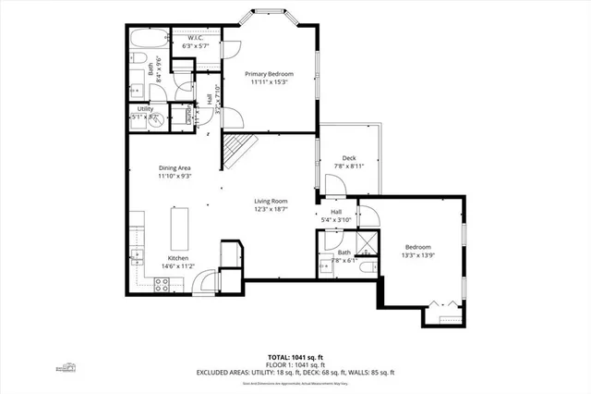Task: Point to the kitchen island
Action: coord(177,227)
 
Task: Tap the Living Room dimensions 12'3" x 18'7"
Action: coord(271,209)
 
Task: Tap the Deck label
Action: coord(349,157)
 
